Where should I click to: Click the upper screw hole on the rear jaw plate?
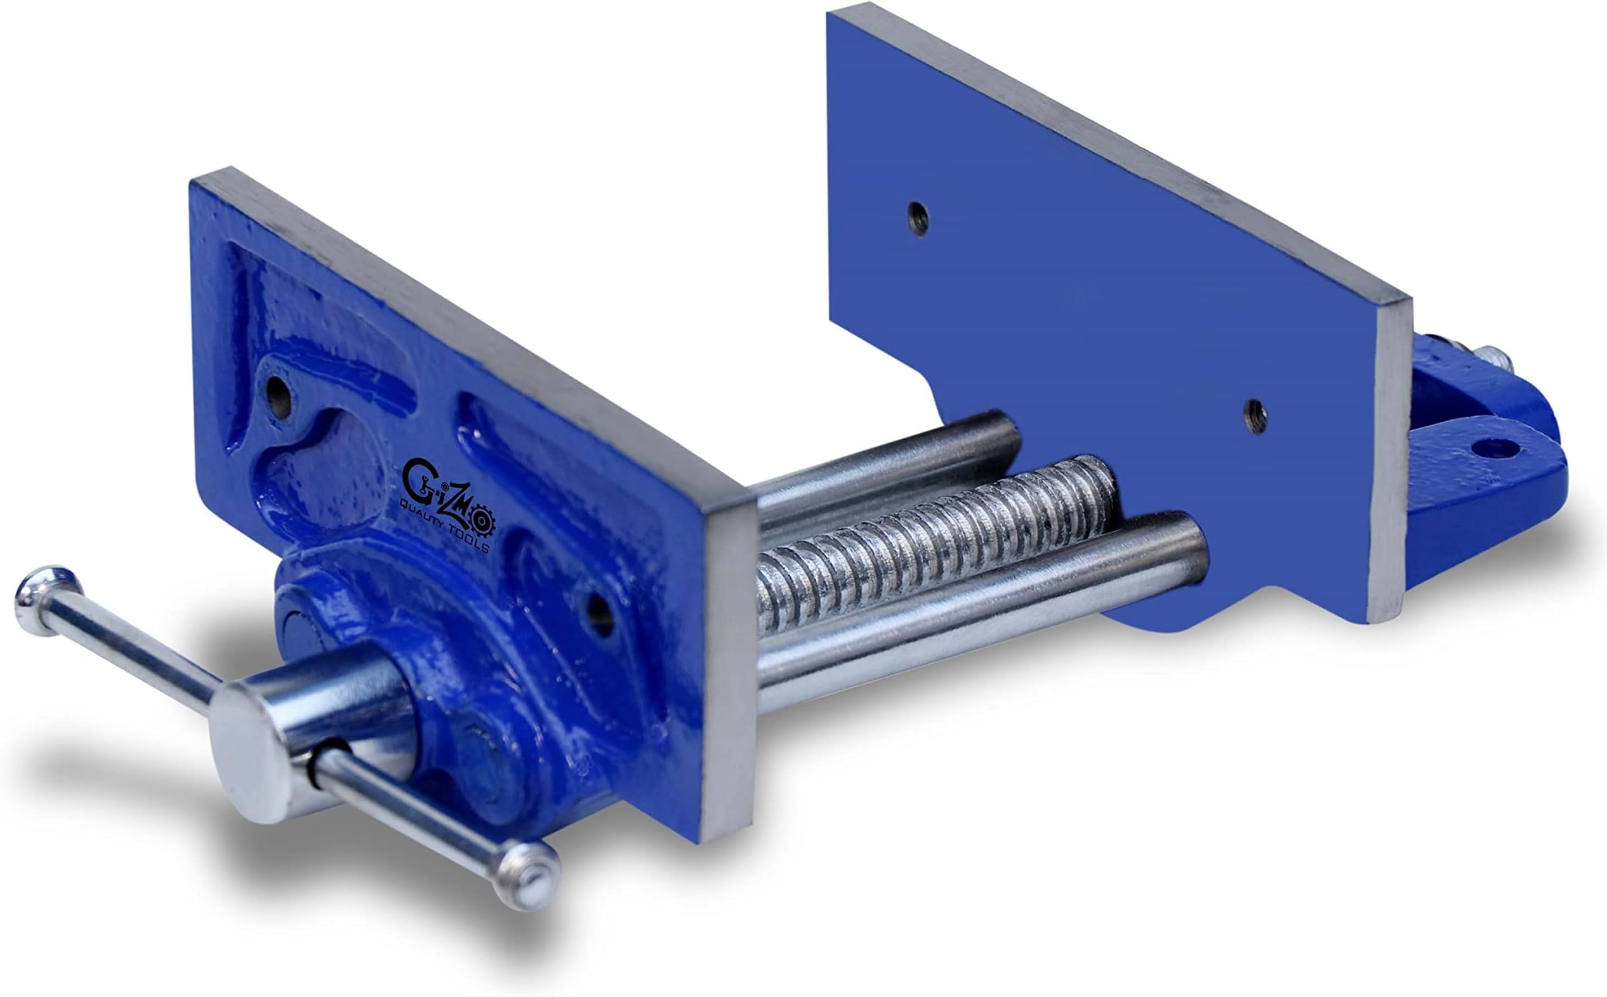[x=918, y=219]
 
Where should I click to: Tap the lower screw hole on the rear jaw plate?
[x=1254, y=416]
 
